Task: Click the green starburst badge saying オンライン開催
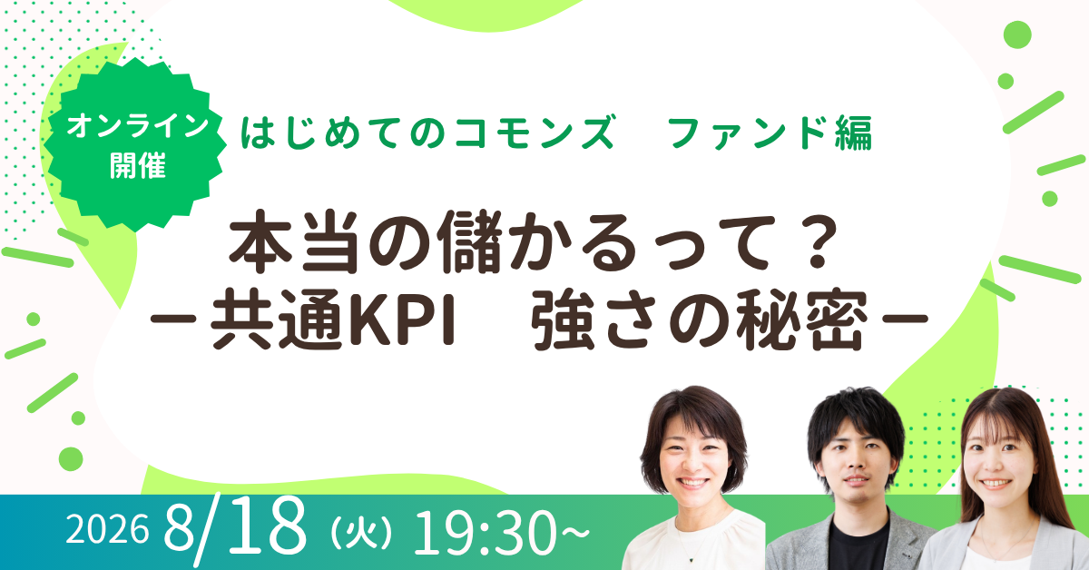(135, 144)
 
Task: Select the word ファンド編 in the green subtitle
(770, 133)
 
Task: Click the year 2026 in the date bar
(107, 529)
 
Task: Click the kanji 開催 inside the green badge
(138, 166)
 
